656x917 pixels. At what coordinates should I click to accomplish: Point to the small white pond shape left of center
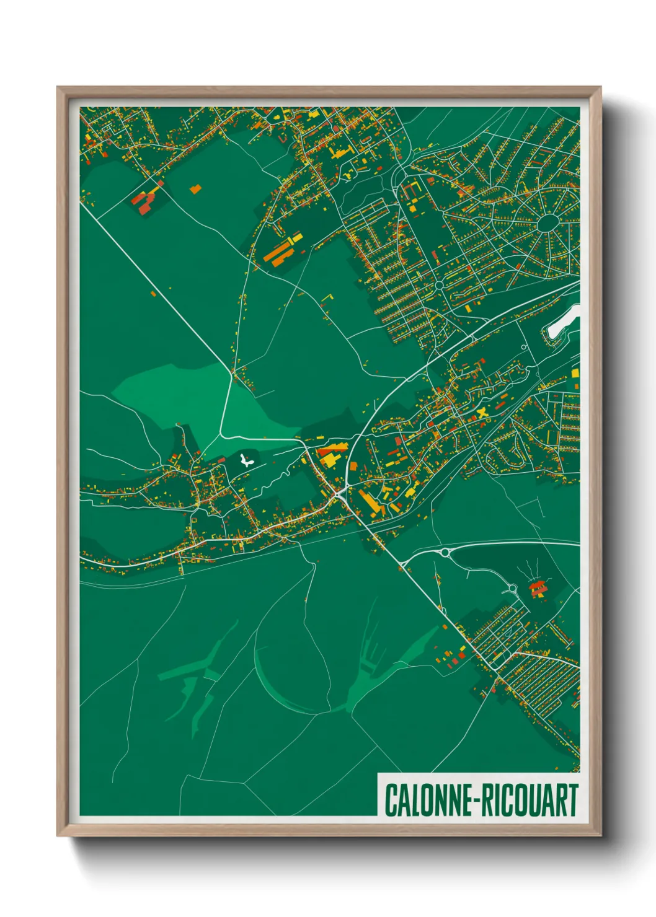(246, 460)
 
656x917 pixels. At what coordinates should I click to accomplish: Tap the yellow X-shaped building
(482, 413)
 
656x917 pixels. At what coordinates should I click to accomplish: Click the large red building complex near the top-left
(144, 201)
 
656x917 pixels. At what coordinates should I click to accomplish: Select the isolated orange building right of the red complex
(195, 189)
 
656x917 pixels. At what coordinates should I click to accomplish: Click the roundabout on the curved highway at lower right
(445, 552)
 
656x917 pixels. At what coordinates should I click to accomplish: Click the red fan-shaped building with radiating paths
(537, 588)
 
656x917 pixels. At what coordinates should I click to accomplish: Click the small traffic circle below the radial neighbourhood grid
(439, 285)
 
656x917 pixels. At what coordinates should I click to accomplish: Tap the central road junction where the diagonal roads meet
(339, 494)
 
